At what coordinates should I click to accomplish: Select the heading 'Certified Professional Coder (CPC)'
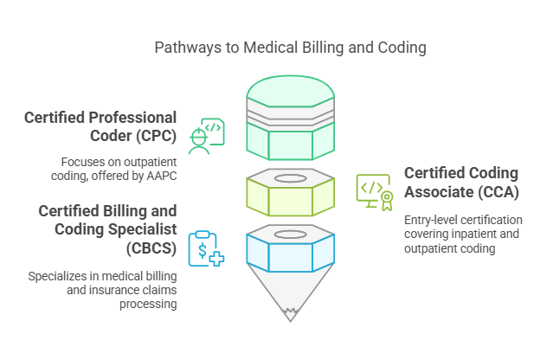100,126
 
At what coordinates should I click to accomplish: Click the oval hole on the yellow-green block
290,178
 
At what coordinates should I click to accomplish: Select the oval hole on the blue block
290,234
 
